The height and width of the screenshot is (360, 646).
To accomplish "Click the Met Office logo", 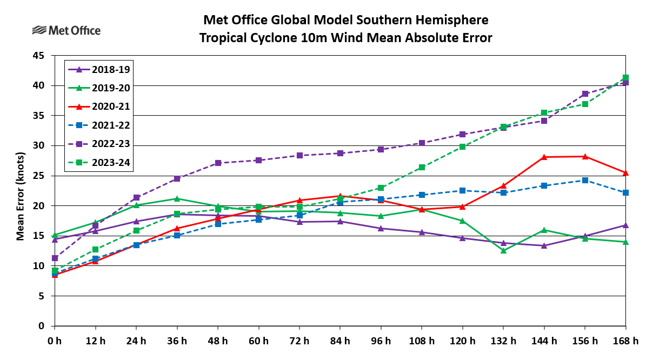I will pyautogui.click(x=66, y=30).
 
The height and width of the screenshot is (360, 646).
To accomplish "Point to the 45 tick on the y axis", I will pyautogui.click(x=40, y=55).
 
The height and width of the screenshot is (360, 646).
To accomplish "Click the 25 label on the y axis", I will pyautogui.click(x=40, y=176).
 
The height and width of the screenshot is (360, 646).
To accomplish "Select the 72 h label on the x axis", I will pyautogui.click(x=299, y=341).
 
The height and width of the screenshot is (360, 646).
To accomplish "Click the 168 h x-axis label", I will pyautogui.click(x=625, y=341).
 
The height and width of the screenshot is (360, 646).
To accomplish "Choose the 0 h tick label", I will pyautogui.click(x=55, y=341).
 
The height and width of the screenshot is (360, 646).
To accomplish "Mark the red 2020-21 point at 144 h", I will pyautogui.click(x=544, y=157).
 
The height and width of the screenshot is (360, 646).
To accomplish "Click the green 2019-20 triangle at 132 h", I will pyautogui.click(x=503, y=250).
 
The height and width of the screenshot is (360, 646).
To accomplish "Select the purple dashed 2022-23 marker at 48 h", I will pyautogui.click(x=218, y=163).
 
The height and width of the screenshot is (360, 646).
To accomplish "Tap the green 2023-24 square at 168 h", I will pyautogui.click(x=625, y=78).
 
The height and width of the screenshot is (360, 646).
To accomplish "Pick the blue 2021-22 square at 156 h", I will pyautogui.click(x=585, y=180).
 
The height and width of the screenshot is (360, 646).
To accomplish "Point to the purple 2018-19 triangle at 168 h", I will pyautogui.click(x=625, y=225).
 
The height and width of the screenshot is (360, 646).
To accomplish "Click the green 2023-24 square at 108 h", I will pyautogui.click(x=422, y=167).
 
